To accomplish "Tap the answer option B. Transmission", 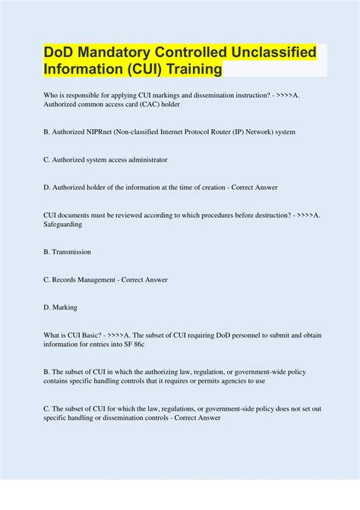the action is pyautogui.click(x=68, y=252).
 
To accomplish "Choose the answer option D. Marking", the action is pyautogui.click(x=60, y=307).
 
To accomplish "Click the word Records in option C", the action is pyautogui.click(x=68, y=279).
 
